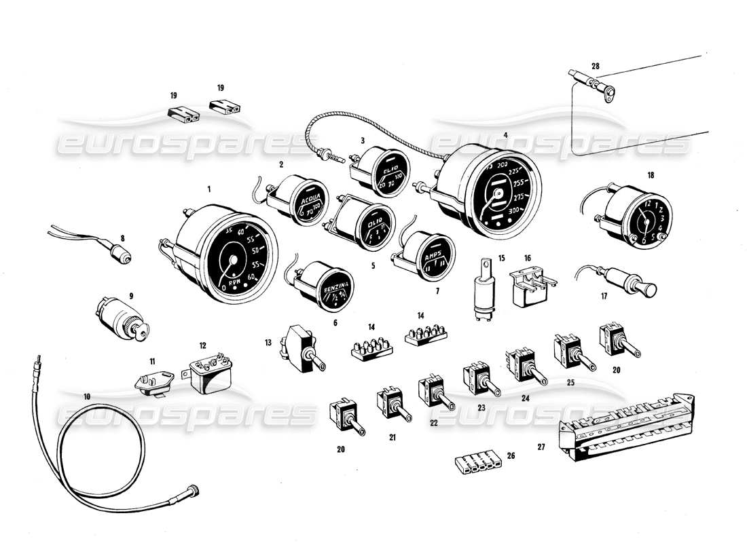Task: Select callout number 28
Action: point(596,66)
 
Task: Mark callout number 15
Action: point(502,258)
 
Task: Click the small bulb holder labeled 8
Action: point(121,257)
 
